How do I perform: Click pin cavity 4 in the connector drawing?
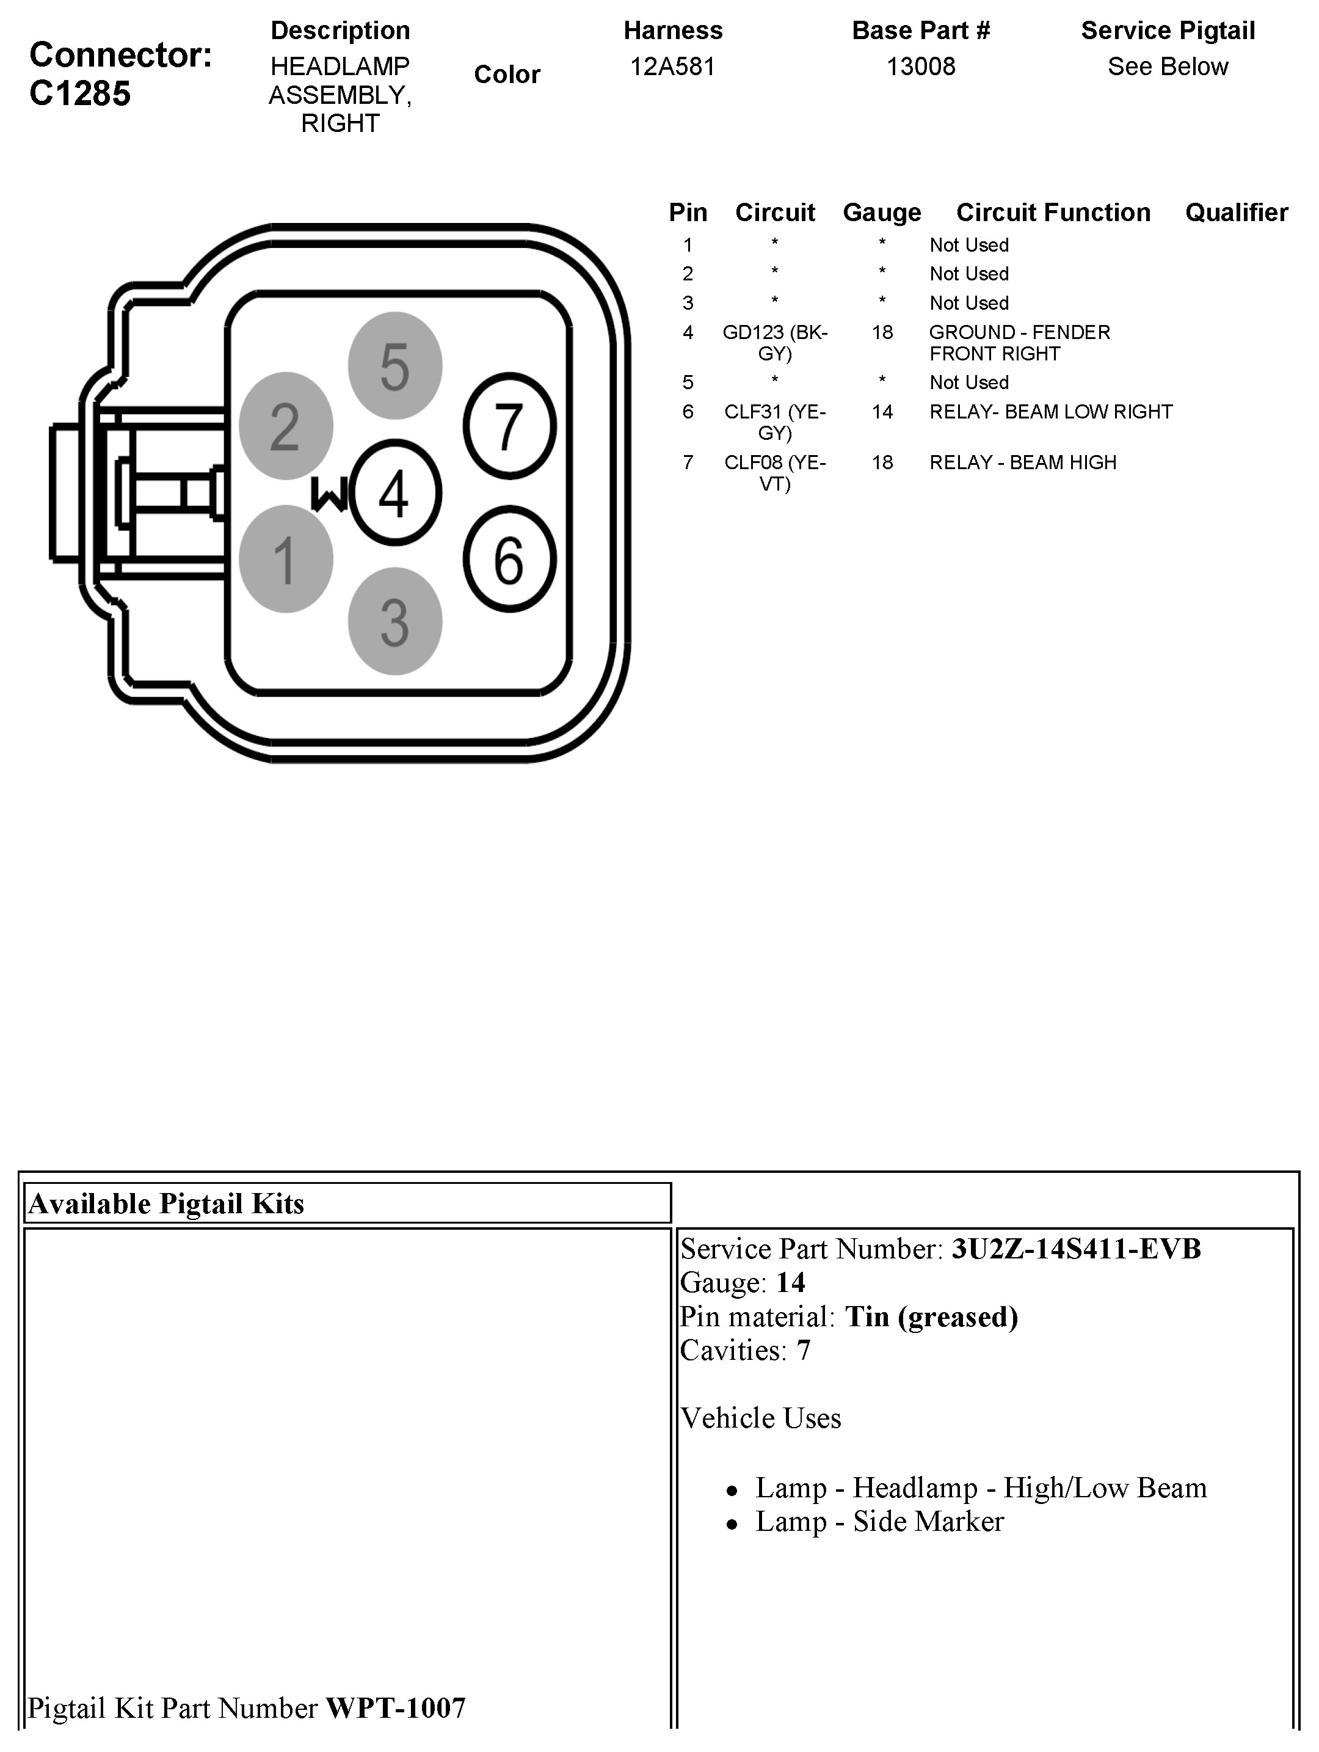(394, 492)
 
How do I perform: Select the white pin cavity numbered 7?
(509, 425)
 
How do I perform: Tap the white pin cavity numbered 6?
(509, 559)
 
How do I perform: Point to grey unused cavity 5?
(394, 366)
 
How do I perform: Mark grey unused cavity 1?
(286, 559)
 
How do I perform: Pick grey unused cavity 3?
(394, 622)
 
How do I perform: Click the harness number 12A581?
(672, 67)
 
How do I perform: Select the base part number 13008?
(920, 67)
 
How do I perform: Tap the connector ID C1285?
(80, 93)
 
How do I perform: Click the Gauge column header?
(882, 212)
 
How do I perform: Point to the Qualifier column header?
(1236, 212)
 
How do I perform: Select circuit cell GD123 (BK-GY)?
(774, 342)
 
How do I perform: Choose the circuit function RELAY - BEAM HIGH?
(1022, 462)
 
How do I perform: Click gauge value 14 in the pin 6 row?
(882, 411)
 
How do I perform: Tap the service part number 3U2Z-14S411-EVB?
(1076, 1249)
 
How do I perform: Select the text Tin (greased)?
(931, 1316)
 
